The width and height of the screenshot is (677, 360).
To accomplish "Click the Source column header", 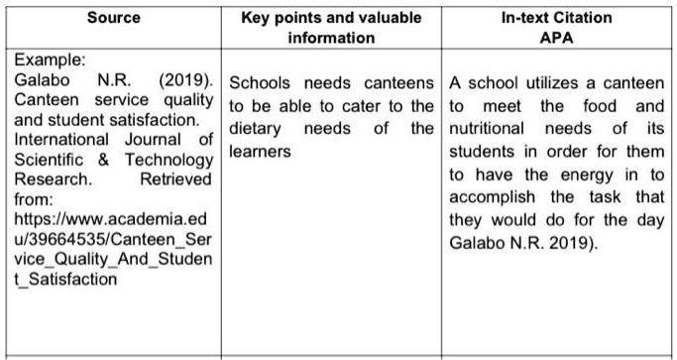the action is coord(113,18).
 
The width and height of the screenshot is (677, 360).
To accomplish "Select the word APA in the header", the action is coord(558,38).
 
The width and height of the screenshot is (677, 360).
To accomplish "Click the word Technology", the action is coord(165,160).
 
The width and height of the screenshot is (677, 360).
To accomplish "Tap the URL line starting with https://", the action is coord(113,218).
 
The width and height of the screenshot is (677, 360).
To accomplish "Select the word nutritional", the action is coord(487,129).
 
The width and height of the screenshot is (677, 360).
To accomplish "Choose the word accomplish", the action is coord(490,198).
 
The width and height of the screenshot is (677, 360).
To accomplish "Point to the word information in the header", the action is coord(332,38).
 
